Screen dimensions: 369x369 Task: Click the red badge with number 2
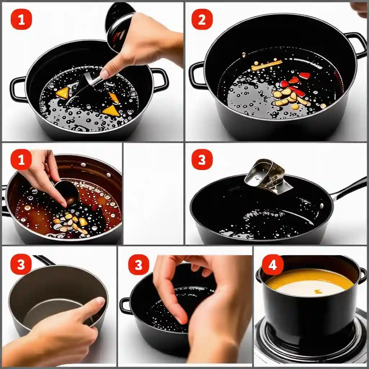202,19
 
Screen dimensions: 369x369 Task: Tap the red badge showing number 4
272,264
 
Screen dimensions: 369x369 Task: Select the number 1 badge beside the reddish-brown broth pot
21,159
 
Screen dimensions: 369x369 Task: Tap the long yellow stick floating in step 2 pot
267,65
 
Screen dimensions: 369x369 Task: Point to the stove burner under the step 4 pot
311,339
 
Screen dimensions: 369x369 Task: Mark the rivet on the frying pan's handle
322,206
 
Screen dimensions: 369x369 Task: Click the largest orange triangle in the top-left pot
111,111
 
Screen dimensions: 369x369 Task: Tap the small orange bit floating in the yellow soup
318,292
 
